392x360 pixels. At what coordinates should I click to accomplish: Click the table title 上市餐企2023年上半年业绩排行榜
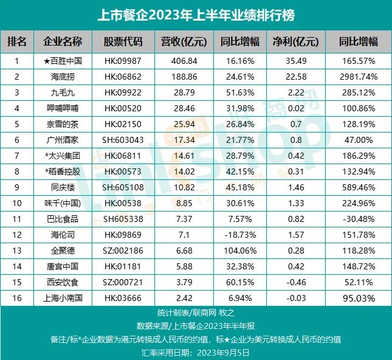pos(196,14)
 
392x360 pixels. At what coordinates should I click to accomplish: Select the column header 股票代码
pos(123,42)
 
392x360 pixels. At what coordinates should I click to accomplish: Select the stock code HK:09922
pos(123,92)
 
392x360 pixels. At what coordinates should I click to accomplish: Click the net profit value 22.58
pos(295,77)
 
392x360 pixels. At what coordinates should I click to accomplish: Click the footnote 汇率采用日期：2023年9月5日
pos(196,351)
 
